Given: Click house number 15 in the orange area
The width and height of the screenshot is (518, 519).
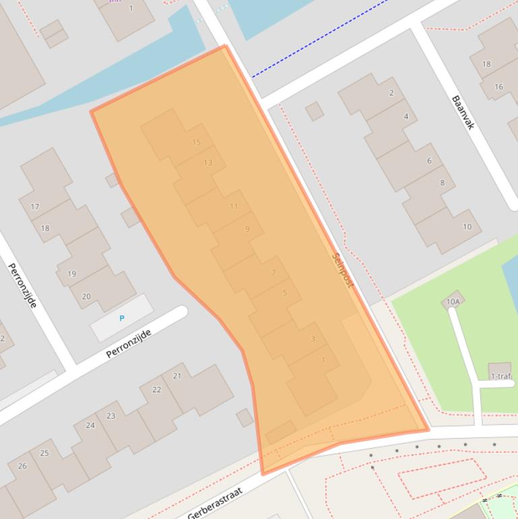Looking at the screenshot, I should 197,142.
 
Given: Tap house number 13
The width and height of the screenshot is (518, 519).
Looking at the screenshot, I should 208,162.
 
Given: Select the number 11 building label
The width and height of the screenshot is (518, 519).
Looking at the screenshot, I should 234,206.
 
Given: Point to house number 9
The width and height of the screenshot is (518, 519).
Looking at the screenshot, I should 247,230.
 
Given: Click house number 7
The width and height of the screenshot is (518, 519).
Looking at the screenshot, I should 273,273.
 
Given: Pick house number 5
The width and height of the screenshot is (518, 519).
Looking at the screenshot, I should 285,293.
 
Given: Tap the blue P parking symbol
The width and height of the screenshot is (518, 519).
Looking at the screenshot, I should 122,318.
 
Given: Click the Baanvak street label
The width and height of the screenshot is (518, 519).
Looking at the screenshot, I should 464,113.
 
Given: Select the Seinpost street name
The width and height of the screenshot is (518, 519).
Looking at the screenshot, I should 343,270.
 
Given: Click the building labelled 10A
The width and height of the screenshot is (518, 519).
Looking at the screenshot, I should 453,301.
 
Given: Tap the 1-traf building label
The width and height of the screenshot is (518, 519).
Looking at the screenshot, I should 500,376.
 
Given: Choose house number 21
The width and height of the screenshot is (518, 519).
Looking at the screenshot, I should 177,375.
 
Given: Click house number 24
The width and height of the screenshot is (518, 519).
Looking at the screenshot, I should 90,425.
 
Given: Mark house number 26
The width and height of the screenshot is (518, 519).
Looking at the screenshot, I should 22,466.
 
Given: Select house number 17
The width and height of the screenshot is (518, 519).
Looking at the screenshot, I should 35,207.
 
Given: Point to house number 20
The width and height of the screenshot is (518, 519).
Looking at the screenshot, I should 86,297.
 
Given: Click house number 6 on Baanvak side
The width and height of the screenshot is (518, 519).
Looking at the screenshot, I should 429,160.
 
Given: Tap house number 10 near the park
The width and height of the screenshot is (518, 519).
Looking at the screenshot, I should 467,227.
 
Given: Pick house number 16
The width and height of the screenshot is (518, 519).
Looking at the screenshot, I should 498,87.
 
